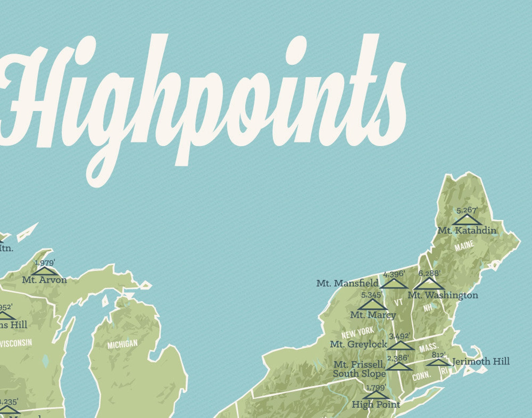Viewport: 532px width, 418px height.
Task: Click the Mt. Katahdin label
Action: click(x=467, y=230)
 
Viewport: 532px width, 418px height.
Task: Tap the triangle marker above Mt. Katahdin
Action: click(x=467, y=220)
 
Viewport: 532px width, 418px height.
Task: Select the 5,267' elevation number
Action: click(x=467, y=210)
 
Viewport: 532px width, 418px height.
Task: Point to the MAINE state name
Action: click(x=464, y=246)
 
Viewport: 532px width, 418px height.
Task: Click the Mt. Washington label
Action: click(x=443, y=295)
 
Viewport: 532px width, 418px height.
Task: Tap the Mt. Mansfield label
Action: click(x=347, y=283)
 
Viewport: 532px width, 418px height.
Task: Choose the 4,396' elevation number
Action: click(x=394, y=274)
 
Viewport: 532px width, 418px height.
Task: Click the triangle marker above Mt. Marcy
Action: click(x=372, y=305)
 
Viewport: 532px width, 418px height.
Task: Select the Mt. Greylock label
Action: click(x=358, y=344)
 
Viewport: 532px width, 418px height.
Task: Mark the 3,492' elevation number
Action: click(x=399, y=336)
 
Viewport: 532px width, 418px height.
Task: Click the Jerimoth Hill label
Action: click(x=481, y=361)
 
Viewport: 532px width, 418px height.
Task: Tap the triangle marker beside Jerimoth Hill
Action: click(x=439, y=362)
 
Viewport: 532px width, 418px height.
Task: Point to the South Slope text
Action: click(x=359, y=374)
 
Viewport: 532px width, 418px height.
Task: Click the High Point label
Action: click(x=376, y=405)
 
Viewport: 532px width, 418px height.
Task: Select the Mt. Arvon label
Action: click(x=45, y=280)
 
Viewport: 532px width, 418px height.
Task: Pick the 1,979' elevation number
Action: click(x=45, y=263)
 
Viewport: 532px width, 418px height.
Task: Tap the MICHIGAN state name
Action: click(x=122, y=344)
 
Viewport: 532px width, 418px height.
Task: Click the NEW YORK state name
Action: click(x=358, y=332)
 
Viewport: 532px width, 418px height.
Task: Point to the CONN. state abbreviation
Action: click(x=421, y=376)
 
